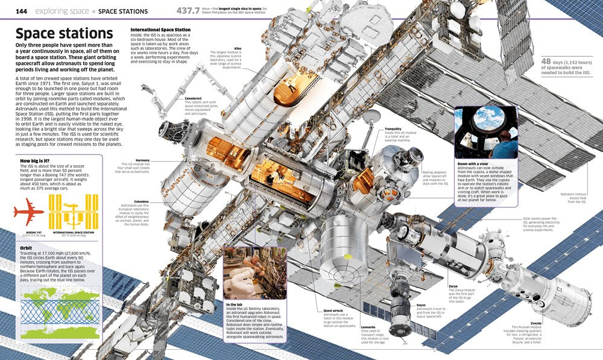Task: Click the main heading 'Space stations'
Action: pos(64,34)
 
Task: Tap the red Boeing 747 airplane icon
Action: pos(28,212)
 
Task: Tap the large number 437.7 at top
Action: pos(193,10)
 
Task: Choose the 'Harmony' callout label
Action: pos(142,160)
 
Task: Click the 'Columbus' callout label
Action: pos(141,201)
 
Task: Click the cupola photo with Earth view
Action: pos(486,133)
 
